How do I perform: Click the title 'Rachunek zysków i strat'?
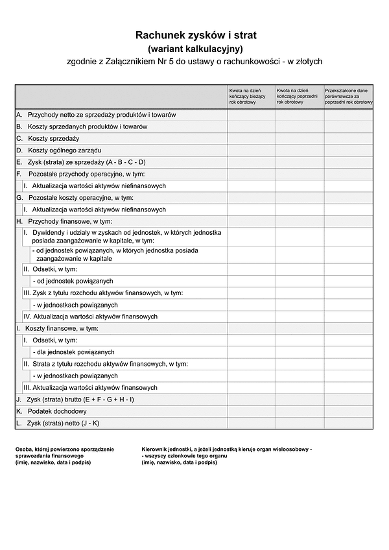pyautogui.click(x=196, y=35)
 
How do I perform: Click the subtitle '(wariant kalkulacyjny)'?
pyautogui.click(x=196, y=49)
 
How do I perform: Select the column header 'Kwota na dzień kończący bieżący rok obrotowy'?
pyautogui.click(x=251, y=96)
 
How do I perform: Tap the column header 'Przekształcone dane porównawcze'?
pyautogui.click(x=348, y=96)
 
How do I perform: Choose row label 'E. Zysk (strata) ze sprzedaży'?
pyautogui.click(x=81, y=162)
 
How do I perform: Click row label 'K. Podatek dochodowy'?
pyautogui.click(x=52, y=411)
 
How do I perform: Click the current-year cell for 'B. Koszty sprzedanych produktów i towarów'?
pyautogui.click(x=251, y=126)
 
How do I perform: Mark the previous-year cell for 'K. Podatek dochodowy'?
pyautogui.click(x=300, y=411)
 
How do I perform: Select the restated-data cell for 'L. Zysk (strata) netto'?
pyautogui.click(x=348, y=424)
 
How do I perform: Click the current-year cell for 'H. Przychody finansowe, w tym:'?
pyautogui.click(x=251, y=221)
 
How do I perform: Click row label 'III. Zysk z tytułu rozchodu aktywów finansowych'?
pyautogui.click(x=103, y=293)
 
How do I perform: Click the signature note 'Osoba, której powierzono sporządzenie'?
pyautogui.click(x=65, y=449)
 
